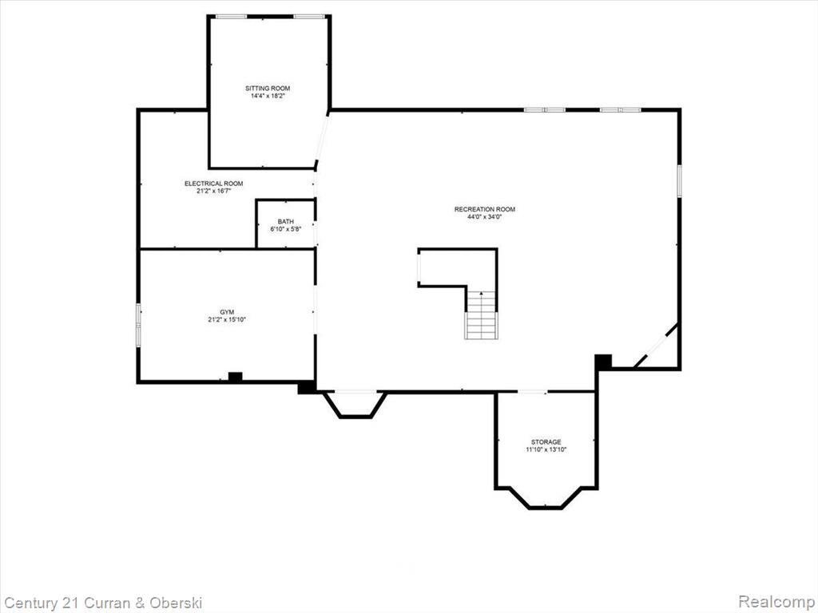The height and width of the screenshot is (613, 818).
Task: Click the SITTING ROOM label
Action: (268, 88)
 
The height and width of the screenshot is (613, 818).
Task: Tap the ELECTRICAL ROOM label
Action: (213, 184)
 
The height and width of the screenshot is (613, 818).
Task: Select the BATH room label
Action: (285, 222)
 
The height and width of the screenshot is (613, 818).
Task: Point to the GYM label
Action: (226, 312)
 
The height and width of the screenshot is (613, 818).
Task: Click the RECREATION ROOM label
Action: (485, 209)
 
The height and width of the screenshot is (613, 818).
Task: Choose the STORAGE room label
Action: (546, 442)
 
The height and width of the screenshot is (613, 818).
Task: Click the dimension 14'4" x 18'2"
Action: (268, 96)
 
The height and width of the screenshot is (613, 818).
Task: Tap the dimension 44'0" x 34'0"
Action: (485, 217)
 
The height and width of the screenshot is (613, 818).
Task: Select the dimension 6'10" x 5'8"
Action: (285, 229)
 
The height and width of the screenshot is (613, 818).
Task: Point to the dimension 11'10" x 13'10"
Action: (546, 449)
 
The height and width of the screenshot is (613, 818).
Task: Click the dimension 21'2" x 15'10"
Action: (226, 319)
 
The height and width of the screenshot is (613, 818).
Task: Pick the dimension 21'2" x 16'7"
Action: (213, 191)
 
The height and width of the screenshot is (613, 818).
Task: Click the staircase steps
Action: (481, 314)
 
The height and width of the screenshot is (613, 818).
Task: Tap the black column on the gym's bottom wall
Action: (236, 377)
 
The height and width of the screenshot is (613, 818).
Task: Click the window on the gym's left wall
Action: (138, 325)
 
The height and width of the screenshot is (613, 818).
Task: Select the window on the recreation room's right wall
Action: (679, 181)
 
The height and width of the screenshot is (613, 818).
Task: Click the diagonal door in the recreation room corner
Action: (657, 345)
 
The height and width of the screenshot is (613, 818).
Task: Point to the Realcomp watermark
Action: (776, 603)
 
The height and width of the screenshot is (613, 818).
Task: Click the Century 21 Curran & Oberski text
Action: (103, 603)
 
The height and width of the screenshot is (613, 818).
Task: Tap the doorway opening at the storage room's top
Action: (532, 391)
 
